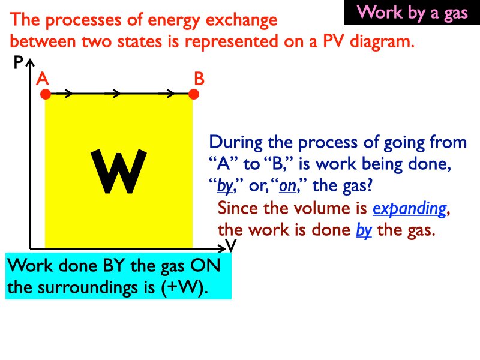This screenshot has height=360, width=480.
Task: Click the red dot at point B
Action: pos(193,94)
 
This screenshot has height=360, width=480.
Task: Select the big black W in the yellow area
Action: pos(118,173)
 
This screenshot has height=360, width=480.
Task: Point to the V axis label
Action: pos(231,246)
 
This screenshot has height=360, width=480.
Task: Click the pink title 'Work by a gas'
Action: pos(412,13)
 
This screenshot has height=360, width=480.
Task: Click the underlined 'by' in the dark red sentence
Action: pos(364,230)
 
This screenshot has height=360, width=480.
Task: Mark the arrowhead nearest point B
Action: pos(170,94)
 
